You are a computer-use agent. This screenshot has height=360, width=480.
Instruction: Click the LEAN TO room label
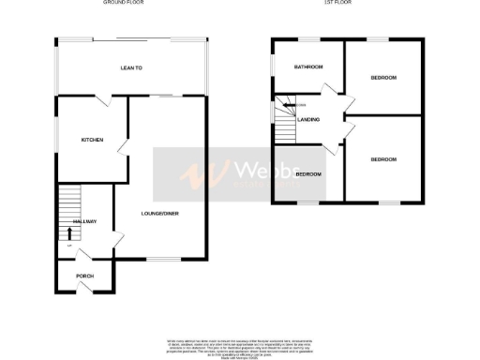(x=131, y=68)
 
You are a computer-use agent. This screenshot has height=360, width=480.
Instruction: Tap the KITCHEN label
(x=92, y=140)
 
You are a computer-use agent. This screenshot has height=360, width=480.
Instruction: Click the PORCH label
(x=85, y=276)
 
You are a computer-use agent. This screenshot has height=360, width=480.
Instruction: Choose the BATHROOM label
(x=307, y=67)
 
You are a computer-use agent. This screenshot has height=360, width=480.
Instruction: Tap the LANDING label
(x=308, y=119)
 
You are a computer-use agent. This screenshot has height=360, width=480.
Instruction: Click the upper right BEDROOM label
(x=382, y=77)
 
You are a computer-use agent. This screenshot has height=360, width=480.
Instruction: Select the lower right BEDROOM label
(x=383, y=159)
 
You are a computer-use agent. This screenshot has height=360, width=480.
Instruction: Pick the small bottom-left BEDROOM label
(x=308, y=174)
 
